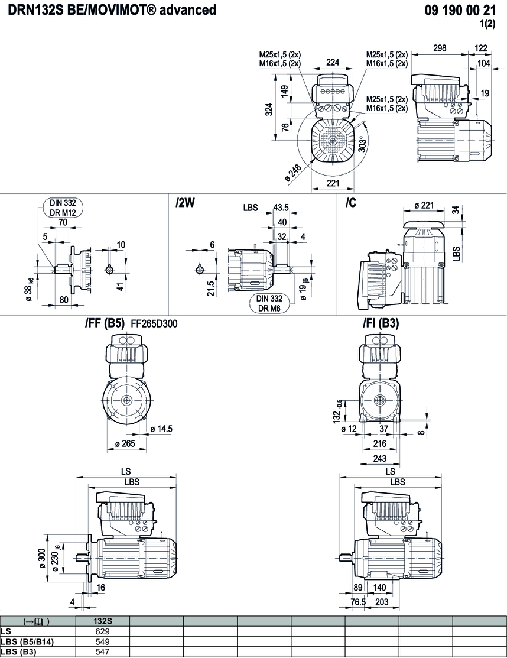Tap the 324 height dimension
[x=269, y=109]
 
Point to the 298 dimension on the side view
[x=440, y=48]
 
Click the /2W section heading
[x=185, y=203]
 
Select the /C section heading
[x=351, y=203]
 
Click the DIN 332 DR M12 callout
[x=63, y=208]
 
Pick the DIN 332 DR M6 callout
[x=269, y=303]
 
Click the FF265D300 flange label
[x=152, y=324]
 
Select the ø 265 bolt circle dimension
[x=128, y=443]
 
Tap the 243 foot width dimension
[x=380, y=459]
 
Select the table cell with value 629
[x=103, y=631]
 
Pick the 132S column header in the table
[x=103, y=621]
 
